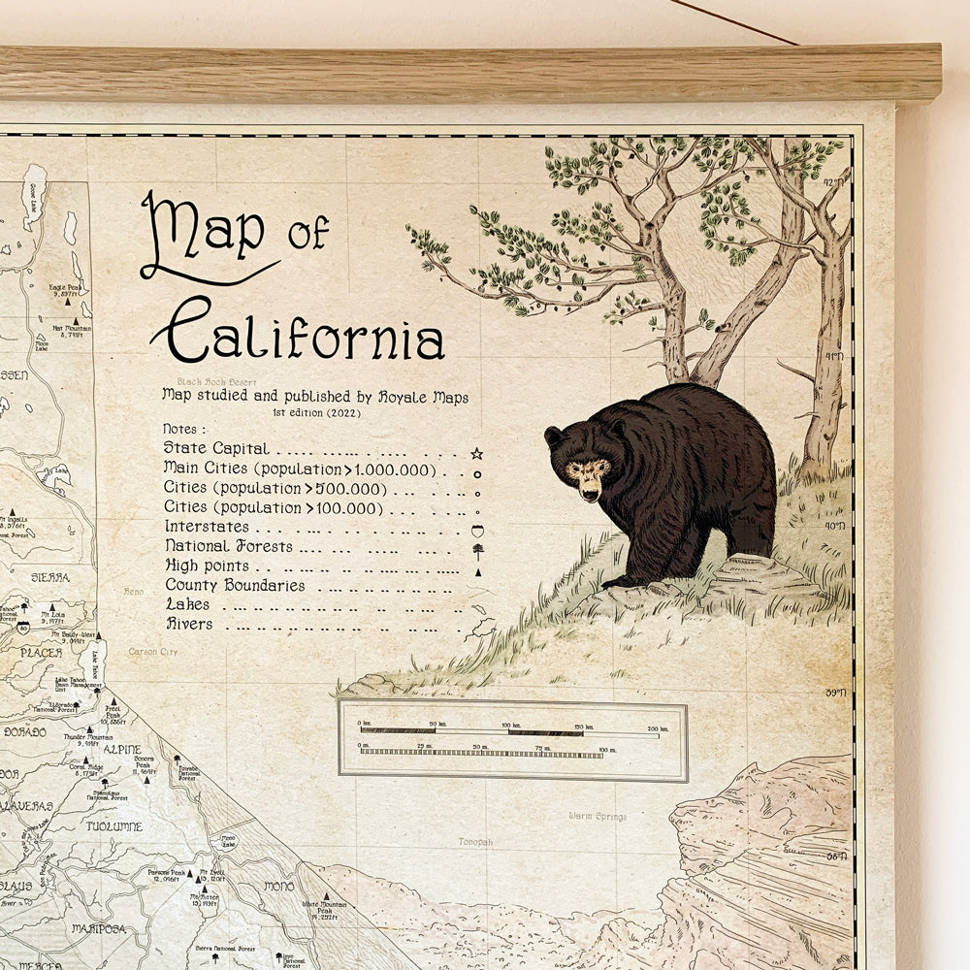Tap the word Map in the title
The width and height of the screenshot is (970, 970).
point(204,233)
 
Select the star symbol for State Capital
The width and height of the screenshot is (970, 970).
point(476,453)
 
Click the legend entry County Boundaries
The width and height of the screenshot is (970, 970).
point(235,586)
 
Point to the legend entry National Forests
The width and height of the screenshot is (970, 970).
point(228,547)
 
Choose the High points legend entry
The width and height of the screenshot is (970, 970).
point(207,566)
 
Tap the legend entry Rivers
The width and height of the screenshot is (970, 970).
point(189,624)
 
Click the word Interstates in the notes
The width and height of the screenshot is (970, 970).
point(207,527)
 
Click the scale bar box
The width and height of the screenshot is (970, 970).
point(512,740)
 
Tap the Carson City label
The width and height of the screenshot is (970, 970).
point(153,652)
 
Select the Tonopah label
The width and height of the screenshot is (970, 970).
point(475,842)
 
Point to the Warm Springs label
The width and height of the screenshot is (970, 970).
point(598,817)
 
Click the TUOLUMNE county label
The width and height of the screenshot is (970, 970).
point(113,826)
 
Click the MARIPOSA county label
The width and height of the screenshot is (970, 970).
point(99,928)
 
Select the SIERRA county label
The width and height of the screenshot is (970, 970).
point(50,577)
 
